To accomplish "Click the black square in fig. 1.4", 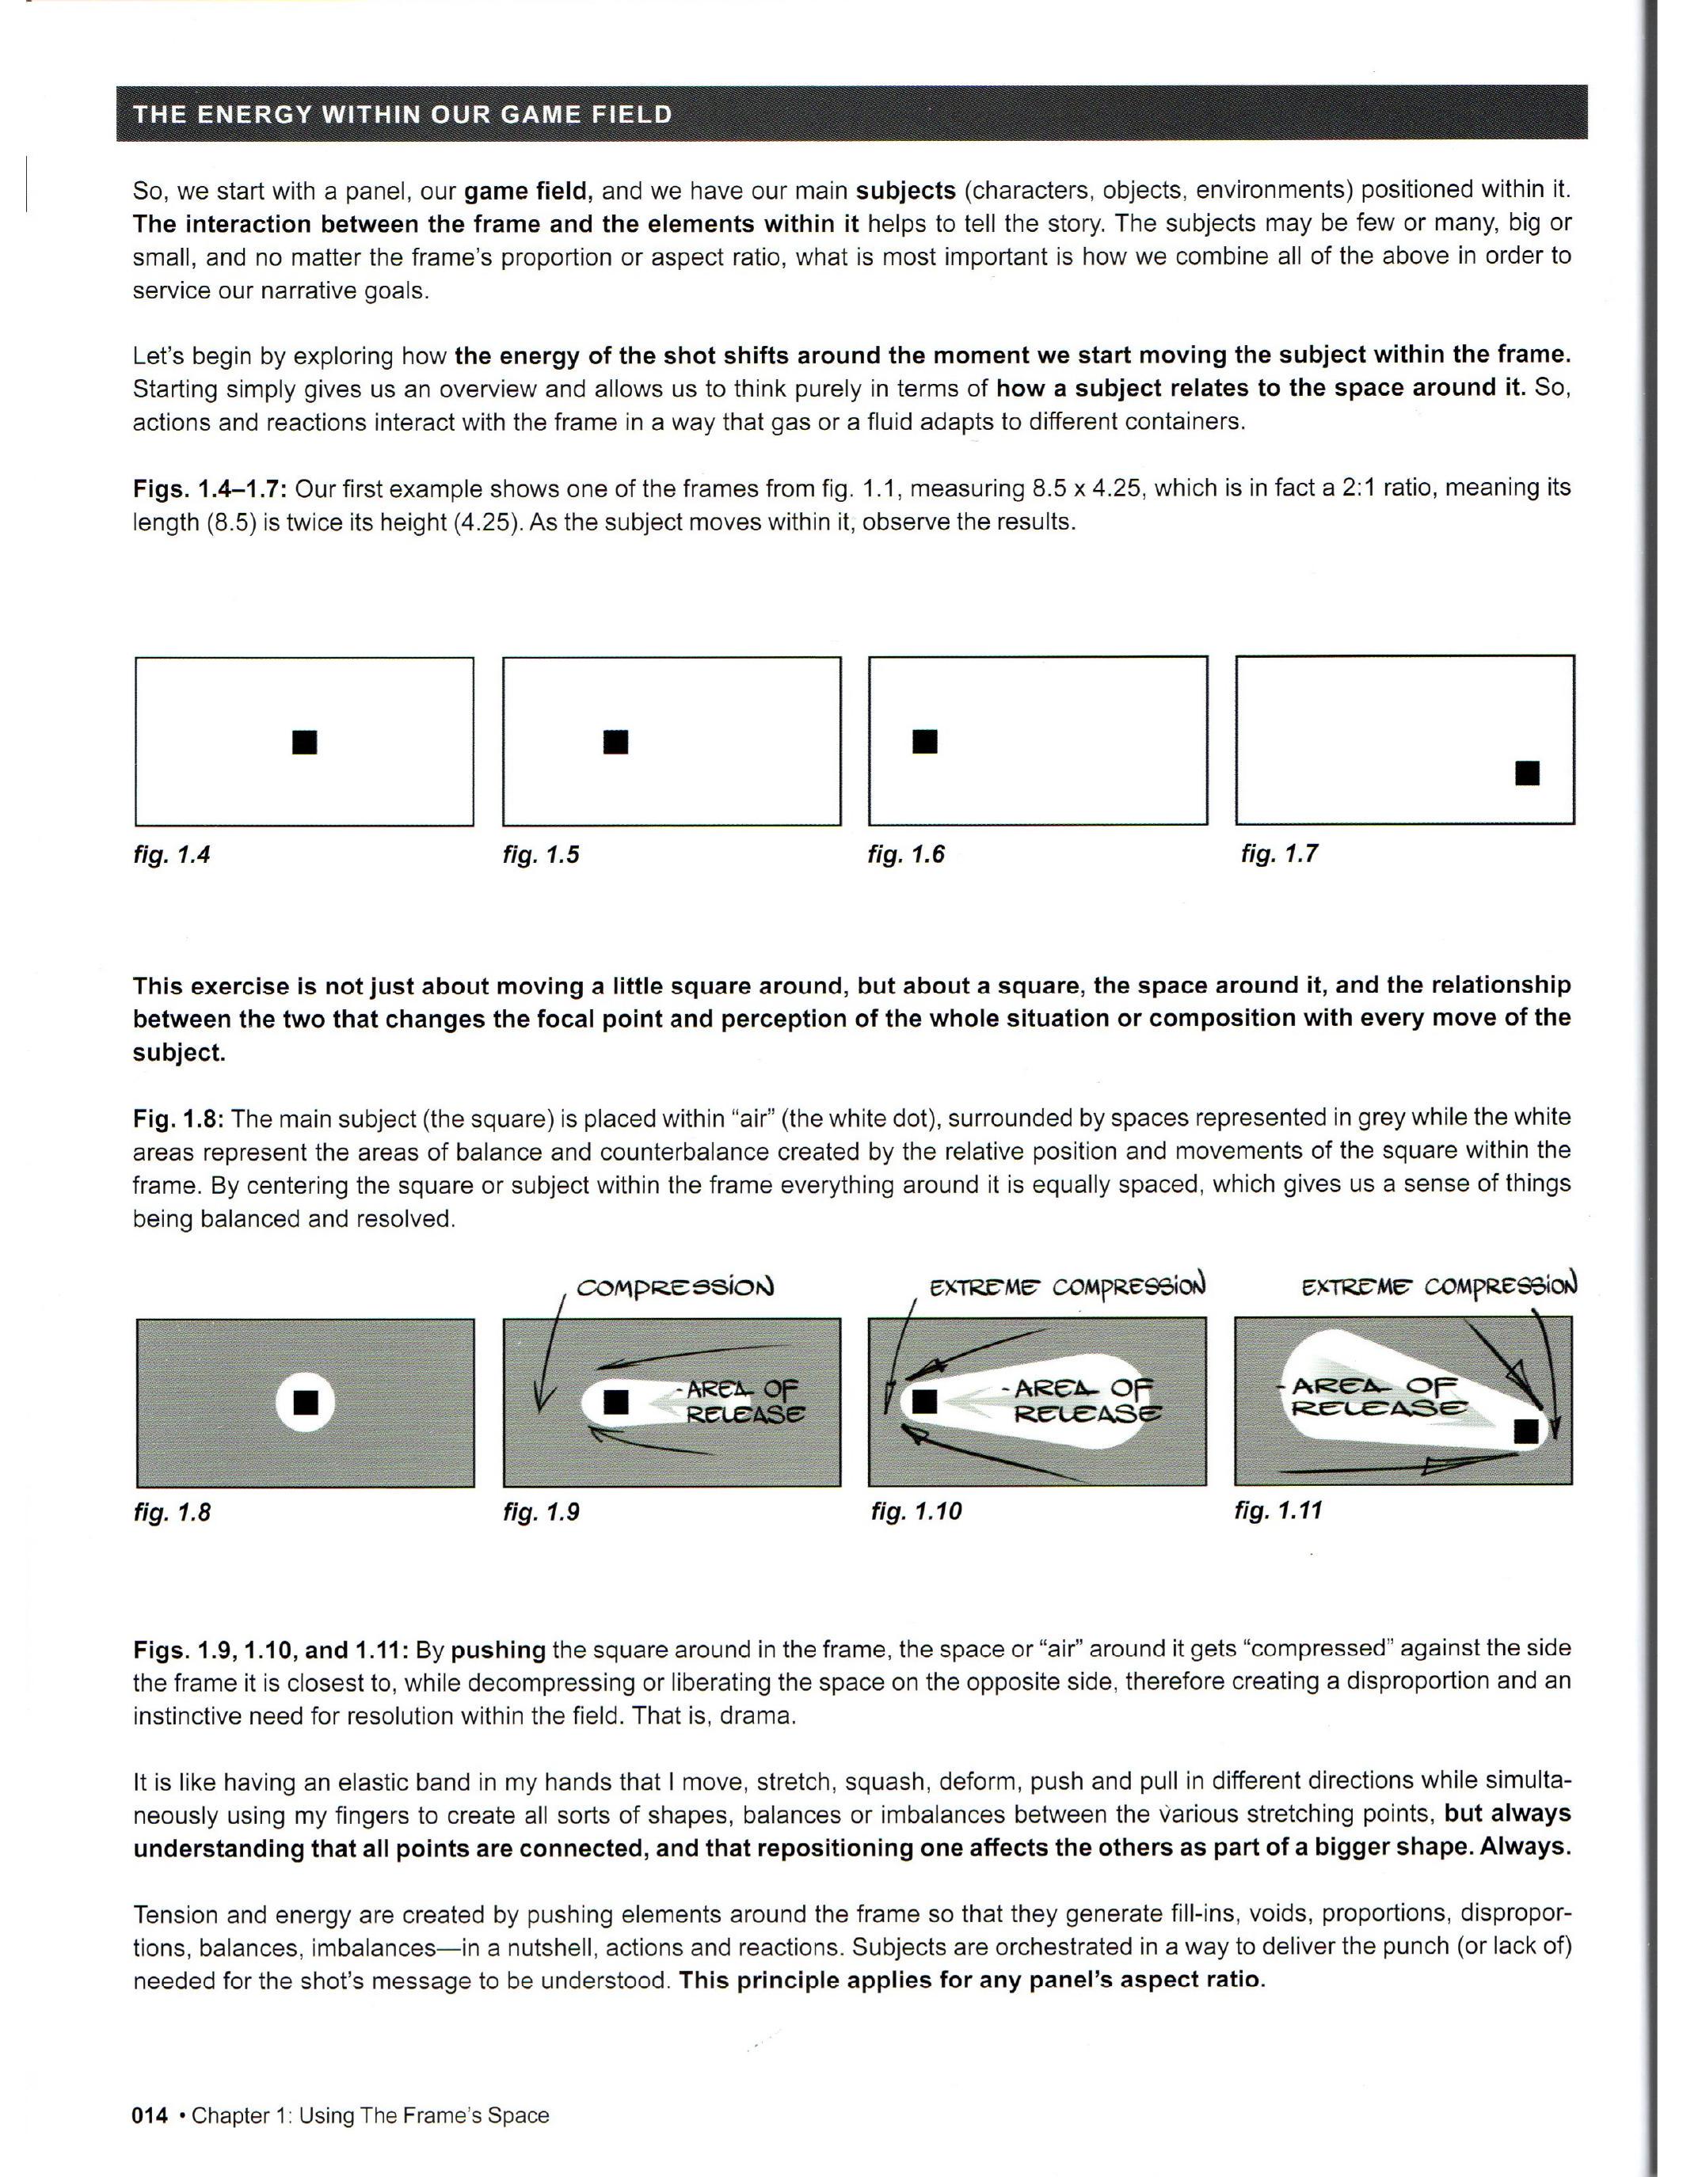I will tap(304, 742).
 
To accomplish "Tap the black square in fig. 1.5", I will tap(616, 742).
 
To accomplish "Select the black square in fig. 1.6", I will tap(925, 741).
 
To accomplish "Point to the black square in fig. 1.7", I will tap(1528, 773).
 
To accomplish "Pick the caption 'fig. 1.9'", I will tap(542, 1512).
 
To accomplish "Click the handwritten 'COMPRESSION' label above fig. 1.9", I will tap(675, 1287).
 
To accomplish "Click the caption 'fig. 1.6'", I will tap(906, 854).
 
